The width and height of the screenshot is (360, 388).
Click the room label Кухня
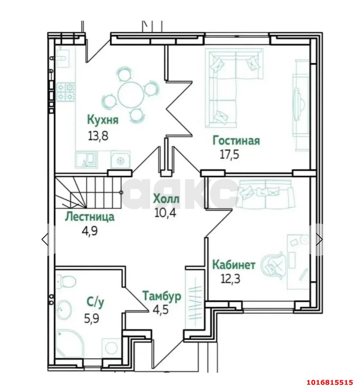point(103,120)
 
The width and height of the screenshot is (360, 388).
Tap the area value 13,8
point(98,136)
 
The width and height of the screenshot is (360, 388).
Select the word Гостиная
point(236,141)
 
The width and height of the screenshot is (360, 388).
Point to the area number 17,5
point(229,155)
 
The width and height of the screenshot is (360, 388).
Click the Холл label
point(166,199)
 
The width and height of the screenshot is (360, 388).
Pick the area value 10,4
point(165,213)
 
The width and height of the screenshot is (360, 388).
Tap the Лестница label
point(90,217)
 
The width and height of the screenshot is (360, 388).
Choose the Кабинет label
point(234,265)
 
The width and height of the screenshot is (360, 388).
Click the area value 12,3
point(230,279)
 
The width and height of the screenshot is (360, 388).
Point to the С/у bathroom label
point(95,302)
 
